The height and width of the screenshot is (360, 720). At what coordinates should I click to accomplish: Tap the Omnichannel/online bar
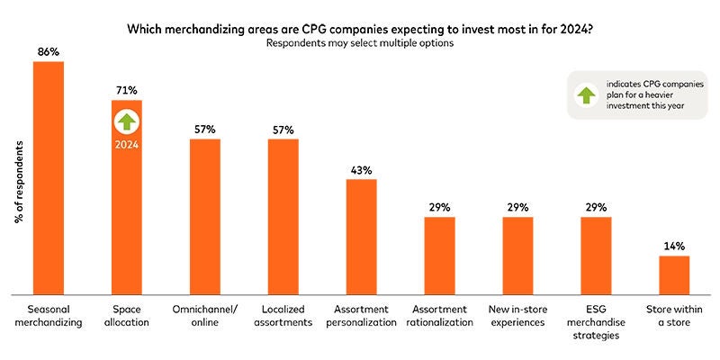[x=204, y=216]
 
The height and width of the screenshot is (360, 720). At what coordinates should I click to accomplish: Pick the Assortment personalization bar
[x=362, y=236]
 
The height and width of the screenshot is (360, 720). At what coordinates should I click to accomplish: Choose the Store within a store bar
[x=674, y=274]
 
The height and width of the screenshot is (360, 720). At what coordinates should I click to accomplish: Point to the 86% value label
[x=49, y=52]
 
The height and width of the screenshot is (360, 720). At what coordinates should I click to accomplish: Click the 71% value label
[x=127, y=90]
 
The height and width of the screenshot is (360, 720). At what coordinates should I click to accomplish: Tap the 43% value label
[x=362, y=169]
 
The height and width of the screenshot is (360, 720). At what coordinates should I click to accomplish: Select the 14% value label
[x=674, y=246]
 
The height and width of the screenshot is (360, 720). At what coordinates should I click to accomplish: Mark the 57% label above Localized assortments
[x=283, y=130]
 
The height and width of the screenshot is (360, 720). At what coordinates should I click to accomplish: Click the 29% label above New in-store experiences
[x=517, y=207]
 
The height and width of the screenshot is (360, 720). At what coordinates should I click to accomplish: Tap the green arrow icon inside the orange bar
[x=127, y=121]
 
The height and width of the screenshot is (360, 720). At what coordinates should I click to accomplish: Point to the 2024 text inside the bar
[x=127, y=143]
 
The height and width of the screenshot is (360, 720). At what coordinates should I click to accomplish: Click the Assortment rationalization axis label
[x=440, y=316]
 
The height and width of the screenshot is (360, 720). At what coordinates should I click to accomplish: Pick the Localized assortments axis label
[x=283, y=316]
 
